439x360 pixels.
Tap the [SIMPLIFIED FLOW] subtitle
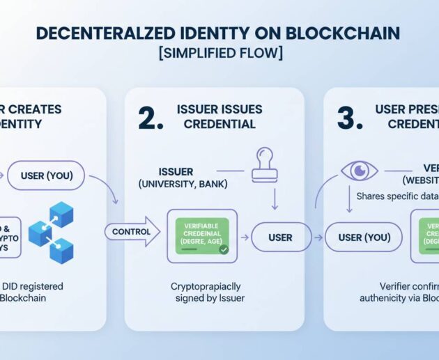pyautogui.click(x=219, y=54)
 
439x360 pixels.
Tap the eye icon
pyautogui.click(x=360, y=171)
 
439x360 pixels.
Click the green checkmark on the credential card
pyautogui.click(x=223, y=249)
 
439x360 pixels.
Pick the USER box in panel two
pyautogui.click(x=280, y=237)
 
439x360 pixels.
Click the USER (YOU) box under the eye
pyautogui.click(x=363, y=237)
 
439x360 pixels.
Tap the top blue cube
pyautogui.click(x=61, y=214)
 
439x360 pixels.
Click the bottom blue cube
pyautogui.click(x=61, y=250)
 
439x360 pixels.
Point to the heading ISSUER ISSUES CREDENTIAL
pyautogui.click(x=217, y=116)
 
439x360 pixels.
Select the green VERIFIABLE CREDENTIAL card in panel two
pyautogui.click(x=201, y=236)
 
